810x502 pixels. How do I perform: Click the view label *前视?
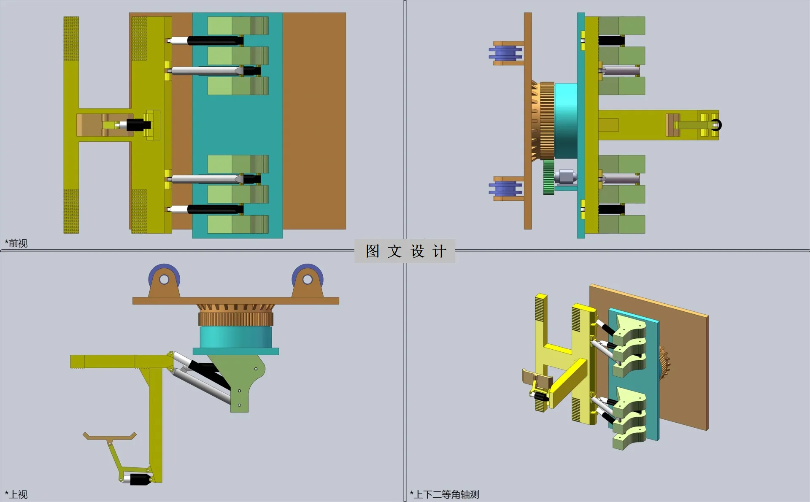click(16, 243)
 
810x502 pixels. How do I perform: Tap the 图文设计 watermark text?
click(405, 251)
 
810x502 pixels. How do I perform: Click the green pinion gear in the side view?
click(548, 177)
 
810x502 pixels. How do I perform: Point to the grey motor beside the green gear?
click(565, 177)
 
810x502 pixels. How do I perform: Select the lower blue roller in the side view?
click(505, 189)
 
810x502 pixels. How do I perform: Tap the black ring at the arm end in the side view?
click(716, 125)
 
